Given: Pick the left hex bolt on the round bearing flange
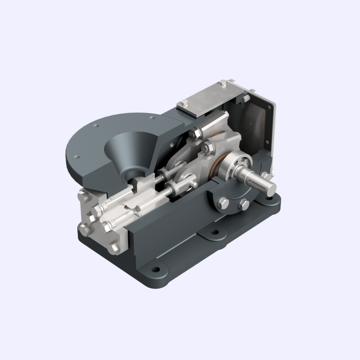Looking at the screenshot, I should [x=222, y=203].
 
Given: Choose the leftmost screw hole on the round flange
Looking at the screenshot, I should [x=78, y=157].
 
